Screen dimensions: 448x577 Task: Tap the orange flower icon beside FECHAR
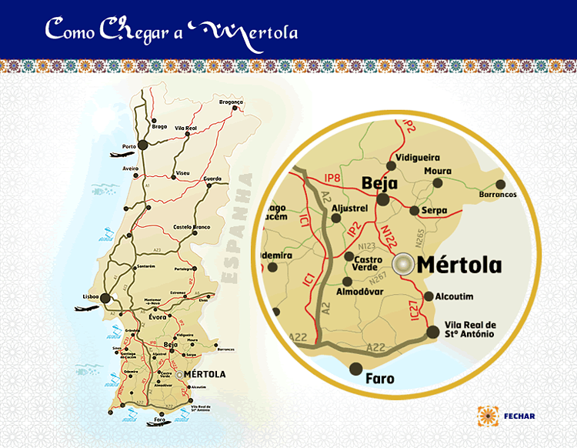(x=488, y=416)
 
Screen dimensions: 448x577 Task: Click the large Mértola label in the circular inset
(x=459, y=266)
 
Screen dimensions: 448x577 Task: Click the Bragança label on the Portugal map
(x=231, y=102)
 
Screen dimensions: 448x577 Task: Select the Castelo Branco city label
(x=192, y=227)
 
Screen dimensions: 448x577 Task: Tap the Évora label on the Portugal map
(x=158, y=316)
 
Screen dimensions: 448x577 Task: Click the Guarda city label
(x=212, y=179)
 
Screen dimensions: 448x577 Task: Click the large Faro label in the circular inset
(x=380, y=379)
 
